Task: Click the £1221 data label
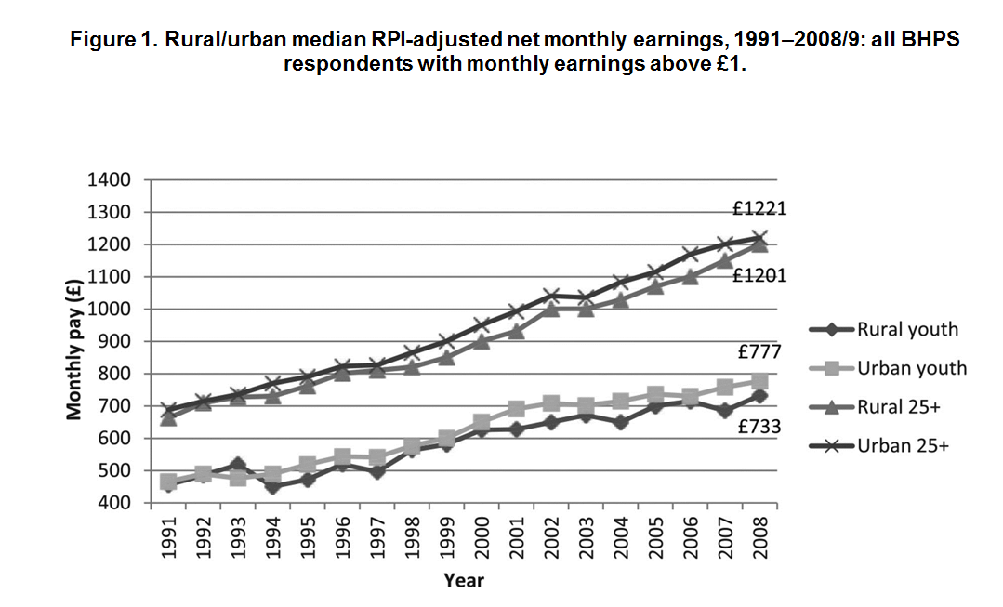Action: (x=760, y=208)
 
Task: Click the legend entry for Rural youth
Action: (x=906, y=329)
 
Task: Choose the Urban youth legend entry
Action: (x=911, y=368)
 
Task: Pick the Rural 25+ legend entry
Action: (x=902, y=407)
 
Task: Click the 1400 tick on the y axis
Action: (x=109, y=180)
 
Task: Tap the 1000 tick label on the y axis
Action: (x=109, y=310)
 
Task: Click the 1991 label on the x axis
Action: (x=169, y=540)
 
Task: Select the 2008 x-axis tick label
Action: (x=760, y=540)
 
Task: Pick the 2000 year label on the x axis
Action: (x=482, y=540)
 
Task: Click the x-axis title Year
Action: (x=463, y=581)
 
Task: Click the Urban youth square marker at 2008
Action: (x=759, y=382)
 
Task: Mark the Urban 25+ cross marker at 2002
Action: (x=551, y=296)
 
